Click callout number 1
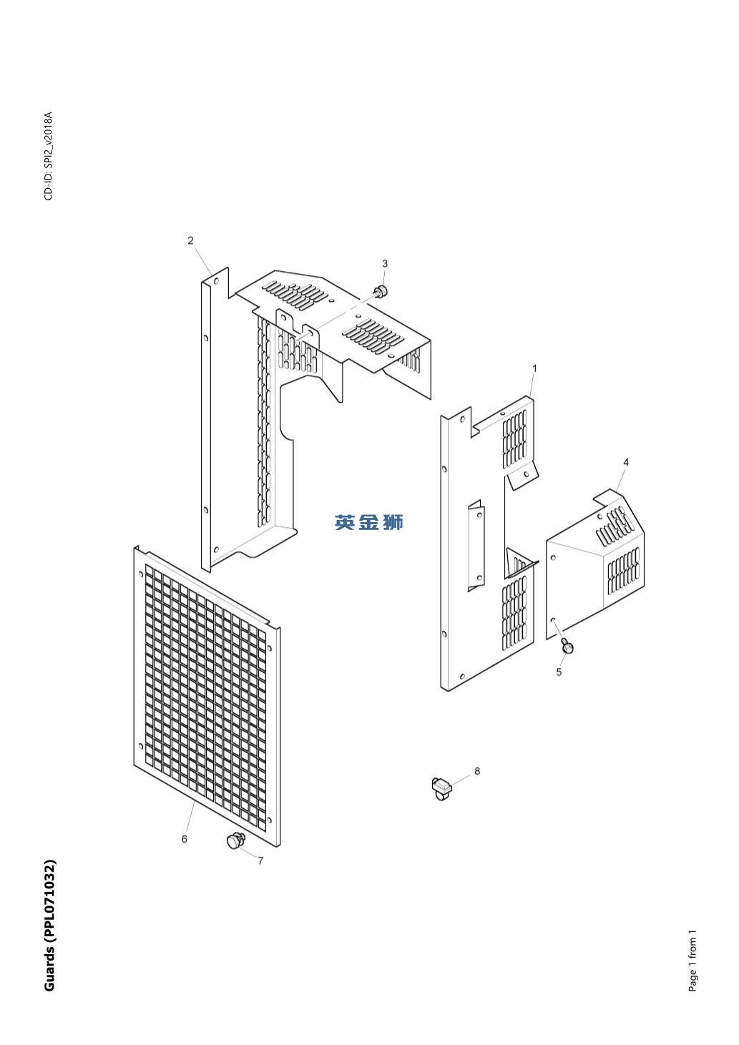(x=534, y=368)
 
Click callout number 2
(x=190, y=241)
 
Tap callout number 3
(x=385, y=264)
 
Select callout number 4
(x=626, y=462)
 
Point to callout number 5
(x=559, y=672)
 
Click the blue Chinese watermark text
(x=369, y=522)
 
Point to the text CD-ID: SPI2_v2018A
(x=49, y=156)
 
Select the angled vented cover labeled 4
(x=595, y=564)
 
